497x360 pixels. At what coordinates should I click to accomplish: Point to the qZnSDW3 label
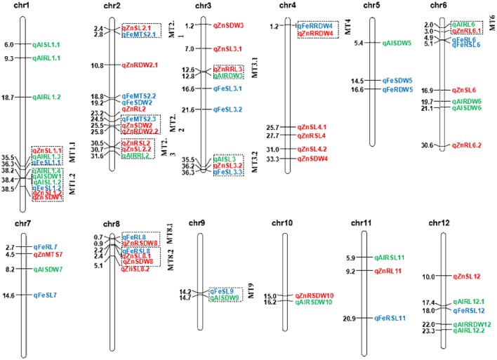(x=229, y=25)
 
